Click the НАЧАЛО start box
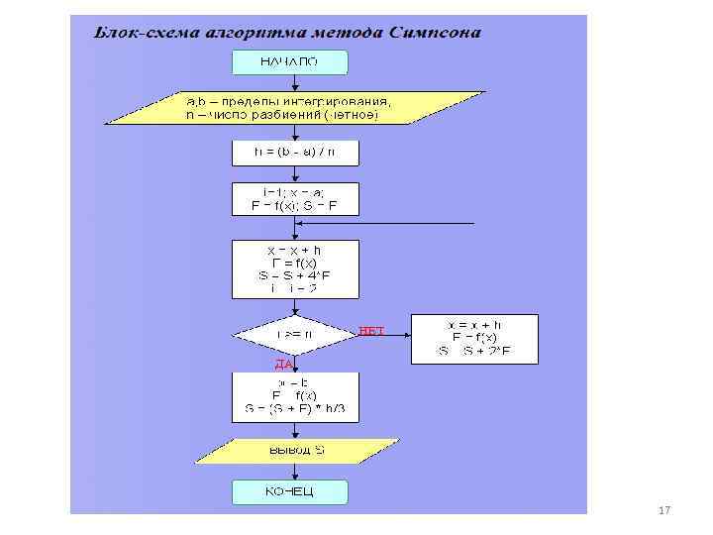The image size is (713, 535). pos(290,61)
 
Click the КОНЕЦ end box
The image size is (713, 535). pos(290,492)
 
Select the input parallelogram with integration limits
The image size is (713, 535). pos(294,107)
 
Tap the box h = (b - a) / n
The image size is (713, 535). pos(294,153)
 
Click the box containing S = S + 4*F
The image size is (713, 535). pos(294,267)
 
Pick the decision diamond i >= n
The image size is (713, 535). pos(294,336)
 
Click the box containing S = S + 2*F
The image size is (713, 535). pos(474,338)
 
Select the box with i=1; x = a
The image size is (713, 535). pos(294,198)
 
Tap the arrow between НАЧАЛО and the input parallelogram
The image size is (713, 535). pos(294,82)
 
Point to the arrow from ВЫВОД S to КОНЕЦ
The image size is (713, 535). pos(294,472)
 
